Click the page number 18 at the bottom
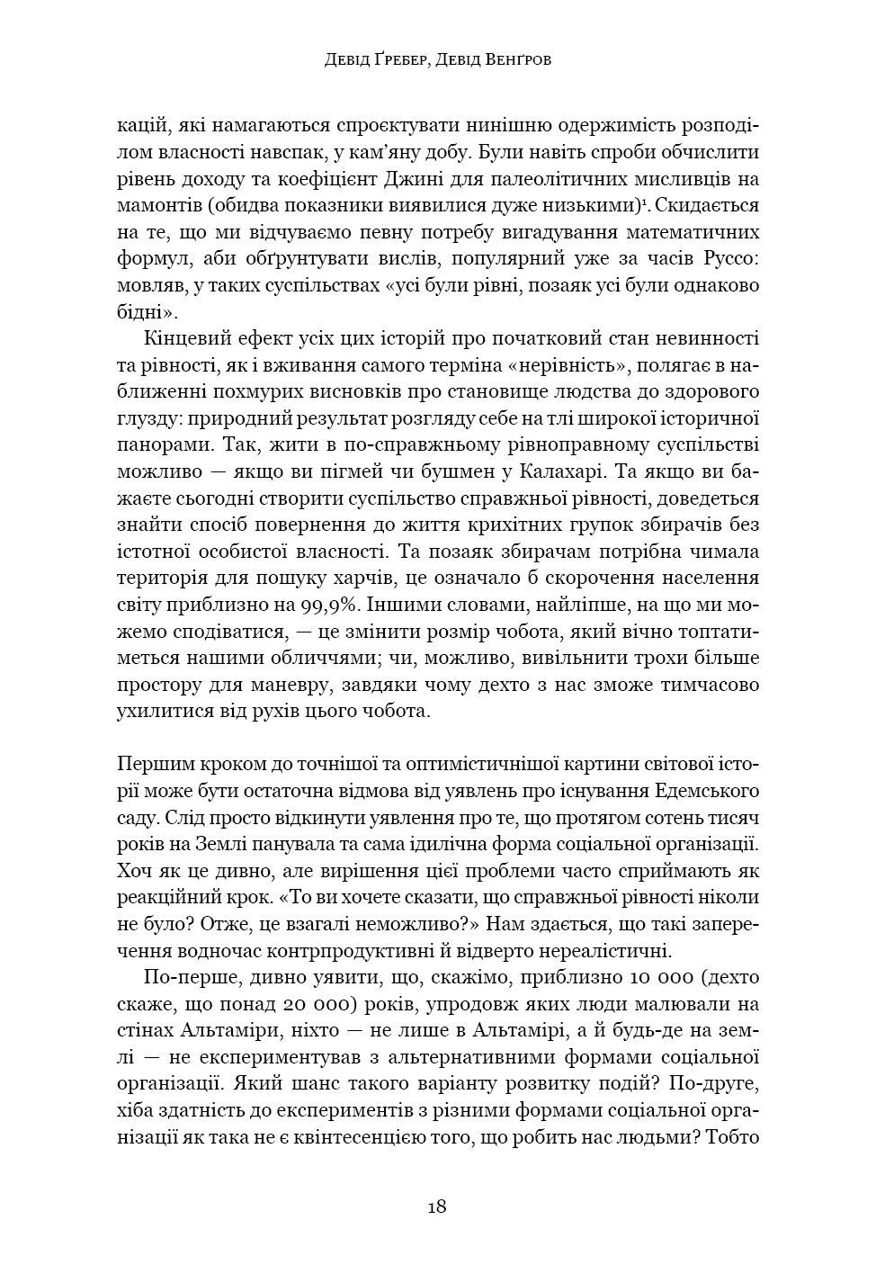pyautogui.click(x=437, y=1207)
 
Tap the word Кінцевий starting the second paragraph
pyautogui.click(x=185, y=338)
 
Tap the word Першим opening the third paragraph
pyautogui.click(x=152, y=764)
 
